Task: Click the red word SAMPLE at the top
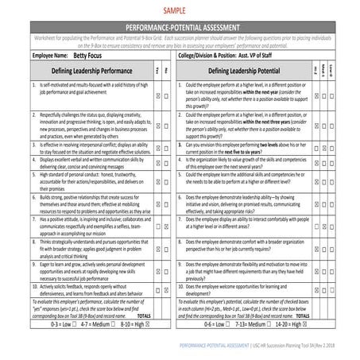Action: click(x=178, y=12)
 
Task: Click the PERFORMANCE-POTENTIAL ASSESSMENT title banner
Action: click(x=179, y=27)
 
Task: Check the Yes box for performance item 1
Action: click(x=159, y=95)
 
